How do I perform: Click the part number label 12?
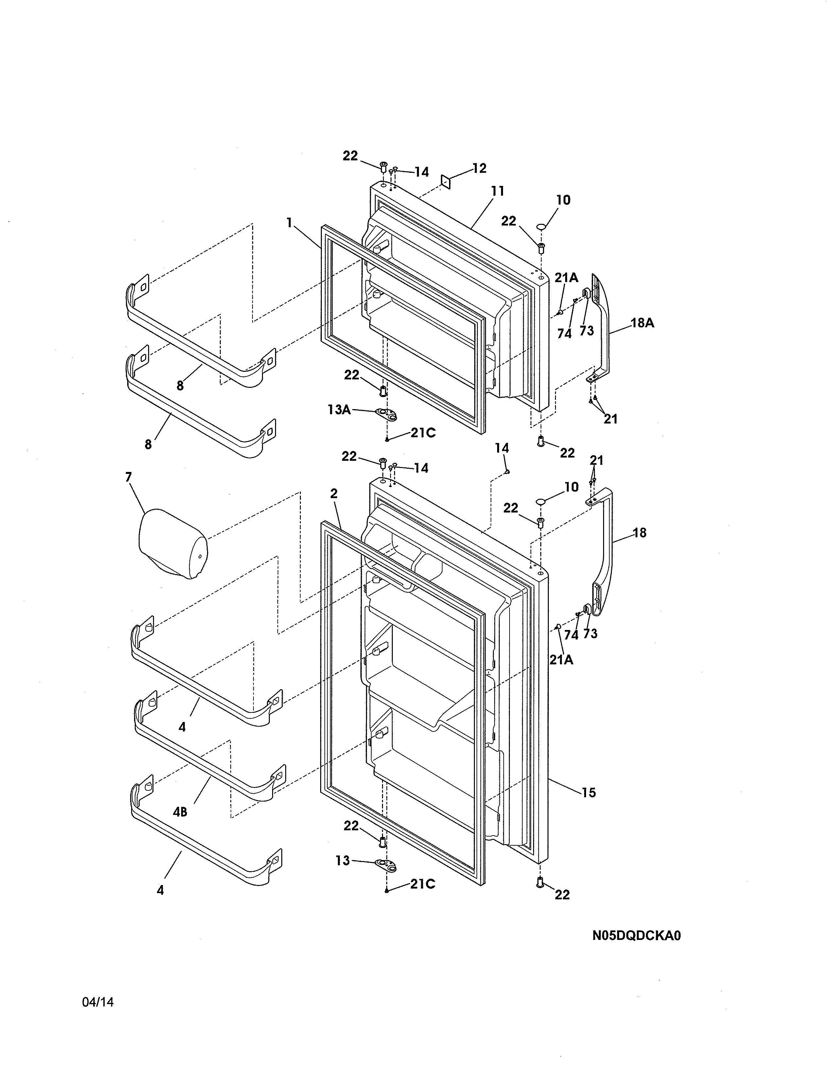(479, 169)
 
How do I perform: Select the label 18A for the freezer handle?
(642, 323)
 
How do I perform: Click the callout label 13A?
(339, 409)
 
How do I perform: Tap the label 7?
(129, 477)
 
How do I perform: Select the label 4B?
(180, 812)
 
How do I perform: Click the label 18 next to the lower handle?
(639, 533)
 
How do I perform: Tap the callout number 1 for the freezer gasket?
(289, 223)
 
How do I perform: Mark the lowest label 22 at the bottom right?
(562, 894)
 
